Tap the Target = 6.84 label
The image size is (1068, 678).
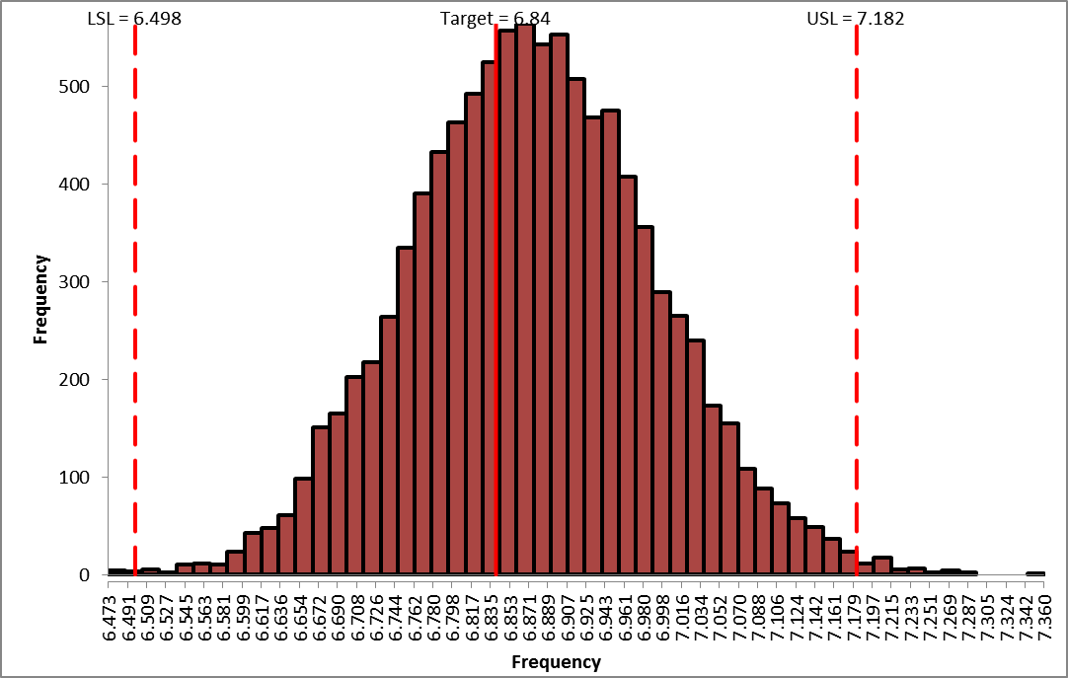495,18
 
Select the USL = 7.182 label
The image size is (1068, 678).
856,18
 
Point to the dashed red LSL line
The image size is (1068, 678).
135,296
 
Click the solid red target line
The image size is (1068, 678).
496,296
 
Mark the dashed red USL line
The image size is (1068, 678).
856,296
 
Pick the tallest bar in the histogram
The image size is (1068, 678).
525,296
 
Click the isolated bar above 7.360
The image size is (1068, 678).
1034,573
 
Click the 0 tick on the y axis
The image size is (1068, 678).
87,575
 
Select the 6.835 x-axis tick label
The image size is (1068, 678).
489,610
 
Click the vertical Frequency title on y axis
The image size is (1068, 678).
40,299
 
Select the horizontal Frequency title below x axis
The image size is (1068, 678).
555,661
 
